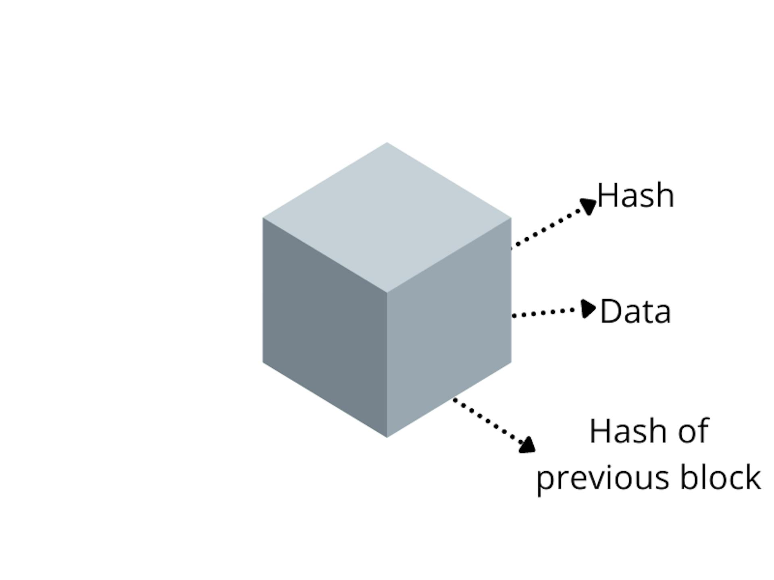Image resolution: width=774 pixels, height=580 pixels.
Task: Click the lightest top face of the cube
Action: [x=387, y=217]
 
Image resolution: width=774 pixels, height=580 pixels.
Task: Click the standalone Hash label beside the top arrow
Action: [x=635, y=195]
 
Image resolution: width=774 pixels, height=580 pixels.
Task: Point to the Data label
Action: [x=635, y=311]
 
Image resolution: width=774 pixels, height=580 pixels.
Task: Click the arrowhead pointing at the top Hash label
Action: [x=589, y=206]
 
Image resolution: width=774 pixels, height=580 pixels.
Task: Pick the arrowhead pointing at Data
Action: [x=588, y=309]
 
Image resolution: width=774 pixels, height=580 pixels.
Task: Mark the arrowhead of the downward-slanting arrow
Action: [x=527, y=445]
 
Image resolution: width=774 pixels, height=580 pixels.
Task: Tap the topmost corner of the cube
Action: [x=387, y=142]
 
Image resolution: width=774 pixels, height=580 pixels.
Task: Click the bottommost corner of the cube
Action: [x=387, y=437]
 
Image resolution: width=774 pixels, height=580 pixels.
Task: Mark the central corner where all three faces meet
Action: [x=387, y=292]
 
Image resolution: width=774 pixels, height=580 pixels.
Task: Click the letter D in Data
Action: [x=610, y=311]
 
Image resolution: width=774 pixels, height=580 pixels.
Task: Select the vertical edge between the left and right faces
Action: [x=387, y=365]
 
